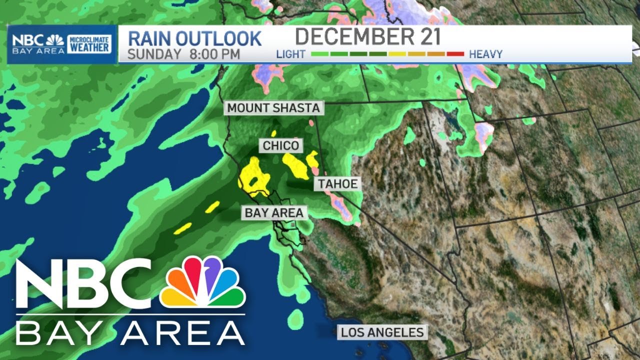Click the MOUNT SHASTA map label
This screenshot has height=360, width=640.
[273, 108]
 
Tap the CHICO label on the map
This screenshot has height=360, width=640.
[281, 146]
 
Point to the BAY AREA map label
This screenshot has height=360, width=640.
[274, 213]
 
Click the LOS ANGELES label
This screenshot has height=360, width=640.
[382, 332]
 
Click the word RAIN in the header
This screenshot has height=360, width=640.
[151, 38]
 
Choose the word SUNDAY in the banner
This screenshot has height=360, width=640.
[154, 54]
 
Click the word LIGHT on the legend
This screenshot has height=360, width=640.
[290, 54]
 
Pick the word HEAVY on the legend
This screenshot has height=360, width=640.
[485, 54]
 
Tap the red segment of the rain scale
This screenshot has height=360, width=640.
[455, 53]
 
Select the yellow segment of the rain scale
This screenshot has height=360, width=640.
[397, 53]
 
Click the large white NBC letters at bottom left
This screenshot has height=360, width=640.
[82, 285]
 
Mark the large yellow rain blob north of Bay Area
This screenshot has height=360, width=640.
[254, 175]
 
